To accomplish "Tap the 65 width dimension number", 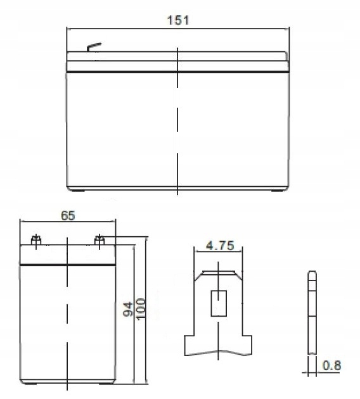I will coord(68,215).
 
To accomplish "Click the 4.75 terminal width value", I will coord(219,245).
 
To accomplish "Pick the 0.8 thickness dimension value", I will coord(331,365).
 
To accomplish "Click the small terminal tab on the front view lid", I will coord(93,47).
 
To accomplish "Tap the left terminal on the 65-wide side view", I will coord(36,240).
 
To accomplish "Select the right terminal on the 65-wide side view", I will coord(100,239).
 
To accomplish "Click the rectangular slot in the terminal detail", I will coord(219,303).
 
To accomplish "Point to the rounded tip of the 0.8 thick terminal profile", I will coord(311,274).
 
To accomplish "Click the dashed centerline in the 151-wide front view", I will coord(177,120).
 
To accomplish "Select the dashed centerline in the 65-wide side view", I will coord(68,317).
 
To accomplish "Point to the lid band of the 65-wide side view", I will coord(68,255).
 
